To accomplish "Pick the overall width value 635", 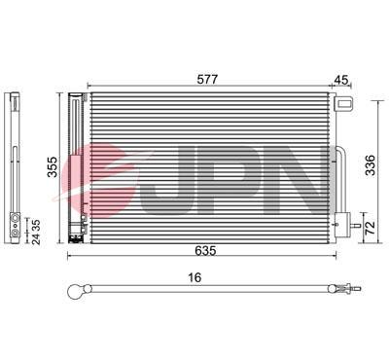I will (x=204, y=251).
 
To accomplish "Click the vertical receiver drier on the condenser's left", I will (x=77, y=165).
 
